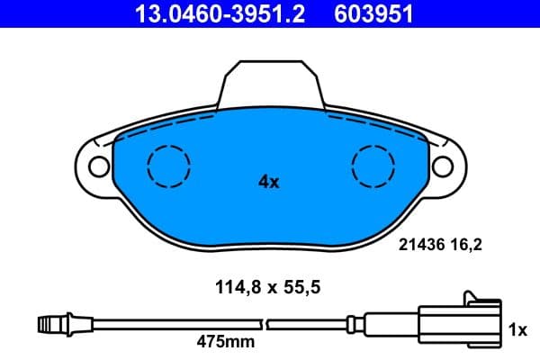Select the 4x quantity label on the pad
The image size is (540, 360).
[269, 182]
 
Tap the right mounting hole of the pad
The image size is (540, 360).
[442, 166]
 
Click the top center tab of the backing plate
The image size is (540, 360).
[270, 83]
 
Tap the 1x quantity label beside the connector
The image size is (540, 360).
[517, 330]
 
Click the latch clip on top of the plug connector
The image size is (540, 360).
[477, 297]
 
